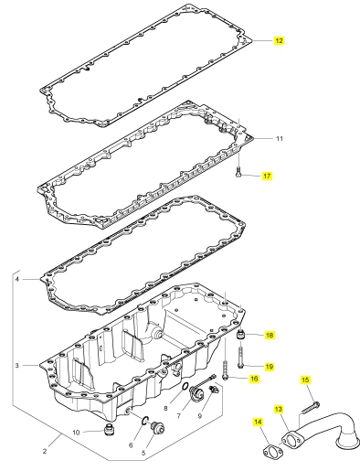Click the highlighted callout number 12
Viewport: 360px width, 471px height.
279,40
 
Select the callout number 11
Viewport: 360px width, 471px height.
280,139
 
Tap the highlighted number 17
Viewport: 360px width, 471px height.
267,176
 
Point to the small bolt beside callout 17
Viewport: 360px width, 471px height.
238,172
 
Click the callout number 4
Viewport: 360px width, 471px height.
17,279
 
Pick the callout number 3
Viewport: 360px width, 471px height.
17,365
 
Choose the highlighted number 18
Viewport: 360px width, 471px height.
270,336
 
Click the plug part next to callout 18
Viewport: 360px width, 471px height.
240,334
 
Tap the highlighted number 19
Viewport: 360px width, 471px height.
270,367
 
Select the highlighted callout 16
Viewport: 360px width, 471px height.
254,379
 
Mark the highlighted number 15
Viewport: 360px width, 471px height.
305,380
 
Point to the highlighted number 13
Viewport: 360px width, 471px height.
279,409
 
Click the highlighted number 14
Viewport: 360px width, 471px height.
258,422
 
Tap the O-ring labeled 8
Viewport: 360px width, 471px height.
183,387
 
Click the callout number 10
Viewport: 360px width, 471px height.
76,433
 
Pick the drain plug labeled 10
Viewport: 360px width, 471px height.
108,430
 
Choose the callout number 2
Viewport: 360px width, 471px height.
45,451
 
